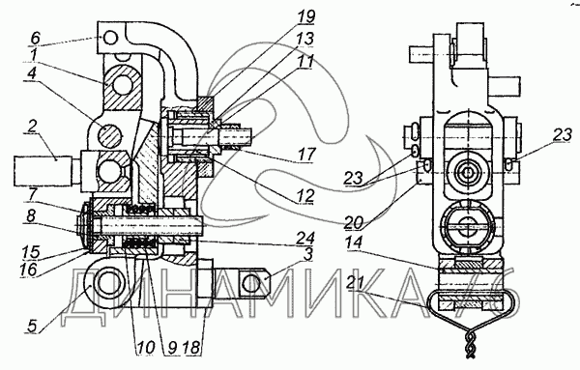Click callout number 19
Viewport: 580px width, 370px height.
[x=305, y=17]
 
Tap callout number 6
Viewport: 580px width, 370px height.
[x=36, y=38]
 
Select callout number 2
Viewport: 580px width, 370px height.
[x=33, y=128]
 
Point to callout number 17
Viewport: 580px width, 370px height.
[x=305, y=154]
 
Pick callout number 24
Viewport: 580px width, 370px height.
[x=305, y=238]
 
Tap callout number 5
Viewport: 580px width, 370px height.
[x=33, y=327]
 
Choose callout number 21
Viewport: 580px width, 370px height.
[x=356, y=284]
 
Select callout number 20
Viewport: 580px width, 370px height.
[x=355, y=223]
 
